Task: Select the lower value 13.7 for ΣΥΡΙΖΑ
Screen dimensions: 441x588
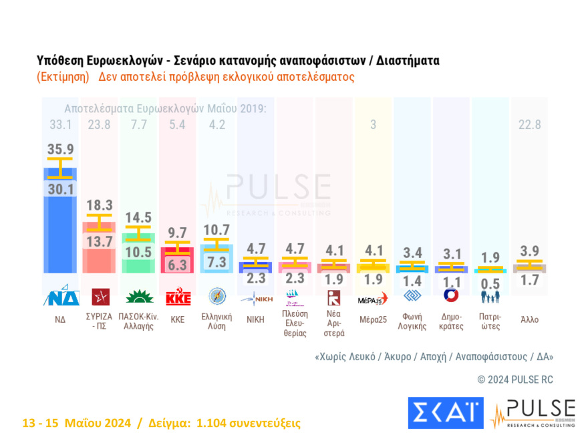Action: (99, 242)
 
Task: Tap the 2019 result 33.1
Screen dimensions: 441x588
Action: (59, 124)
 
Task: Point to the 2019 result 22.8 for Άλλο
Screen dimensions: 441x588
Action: (530, 124)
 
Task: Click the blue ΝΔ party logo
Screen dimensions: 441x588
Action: (61, 297)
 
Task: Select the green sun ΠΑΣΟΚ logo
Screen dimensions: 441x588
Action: (138, 297)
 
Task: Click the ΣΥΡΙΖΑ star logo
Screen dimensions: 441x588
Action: (100, 297)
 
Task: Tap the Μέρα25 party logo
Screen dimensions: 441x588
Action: (373, 297)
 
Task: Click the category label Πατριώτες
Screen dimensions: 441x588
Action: (490, 321)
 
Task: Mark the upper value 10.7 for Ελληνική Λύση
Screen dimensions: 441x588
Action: (216, 230)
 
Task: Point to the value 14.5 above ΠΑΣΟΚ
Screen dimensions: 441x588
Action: (138, 217)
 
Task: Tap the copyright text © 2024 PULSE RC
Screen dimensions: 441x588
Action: (515, 380)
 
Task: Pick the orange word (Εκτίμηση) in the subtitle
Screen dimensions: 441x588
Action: (63, 76)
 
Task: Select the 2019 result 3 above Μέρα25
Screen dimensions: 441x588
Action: (373, 124)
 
